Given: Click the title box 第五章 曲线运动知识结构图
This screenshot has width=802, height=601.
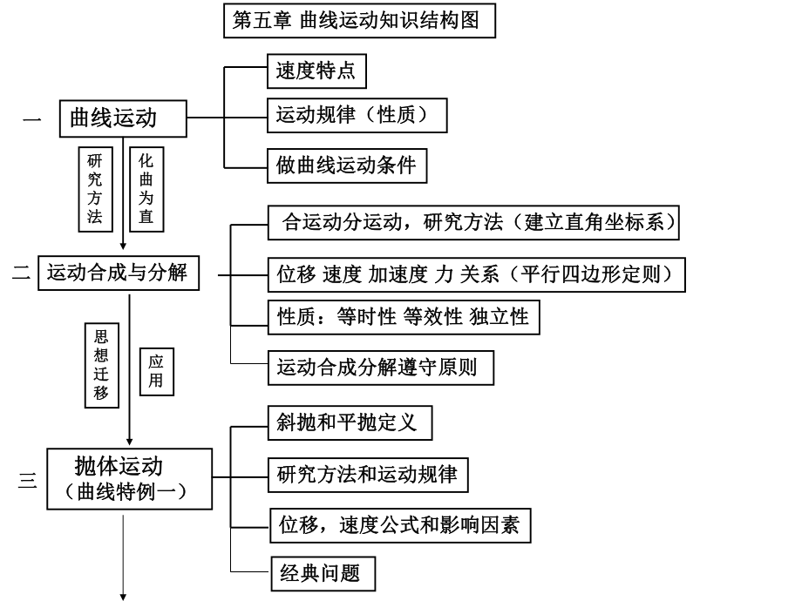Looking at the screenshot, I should (359, 21).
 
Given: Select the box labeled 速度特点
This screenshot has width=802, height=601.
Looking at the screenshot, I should (315, 71).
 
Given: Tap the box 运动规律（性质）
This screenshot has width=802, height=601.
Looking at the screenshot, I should (357, 115).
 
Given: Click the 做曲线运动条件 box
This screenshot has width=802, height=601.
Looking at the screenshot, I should (347, 165).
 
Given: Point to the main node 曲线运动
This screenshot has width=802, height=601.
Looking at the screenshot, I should (123, 118).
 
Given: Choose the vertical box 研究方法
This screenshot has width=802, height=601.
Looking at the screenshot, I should (95, 188).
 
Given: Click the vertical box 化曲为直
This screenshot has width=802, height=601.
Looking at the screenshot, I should (146, 188).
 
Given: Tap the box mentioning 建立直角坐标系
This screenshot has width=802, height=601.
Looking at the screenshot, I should (473, 222).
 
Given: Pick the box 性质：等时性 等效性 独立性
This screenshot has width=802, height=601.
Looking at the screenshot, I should (402, 316).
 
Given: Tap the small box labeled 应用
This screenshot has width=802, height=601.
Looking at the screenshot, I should (155, 370).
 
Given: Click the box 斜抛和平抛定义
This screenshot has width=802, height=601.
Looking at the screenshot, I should (349, 423).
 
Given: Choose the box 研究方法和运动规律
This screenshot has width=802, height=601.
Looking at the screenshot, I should (366, 475).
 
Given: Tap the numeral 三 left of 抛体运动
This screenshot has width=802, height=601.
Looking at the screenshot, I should (28, 479).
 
